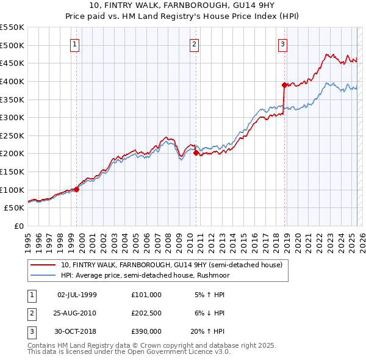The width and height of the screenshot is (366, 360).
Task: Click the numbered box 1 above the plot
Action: (x=74, y=44)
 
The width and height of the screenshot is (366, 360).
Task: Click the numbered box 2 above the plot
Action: (x=193, y=44)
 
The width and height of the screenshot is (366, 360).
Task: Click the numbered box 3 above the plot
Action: (x=283, y=44)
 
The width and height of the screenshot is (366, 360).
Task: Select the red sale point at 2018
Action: (x=285, y=85)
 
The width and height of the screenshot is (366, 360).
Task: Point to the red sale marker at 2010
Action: (x=196, y=153)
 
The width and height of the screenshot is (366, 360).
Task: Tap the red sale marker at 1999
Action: (x=77, y=189)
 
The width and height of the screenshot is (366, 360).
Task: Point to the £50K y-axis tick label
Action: (x=15, y=208)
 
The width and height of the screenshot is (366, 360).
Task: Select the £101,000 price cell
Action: (x=146, y=295)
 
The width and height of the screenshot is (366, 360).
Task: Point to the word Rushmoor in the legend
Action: (x=211, y=275)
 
